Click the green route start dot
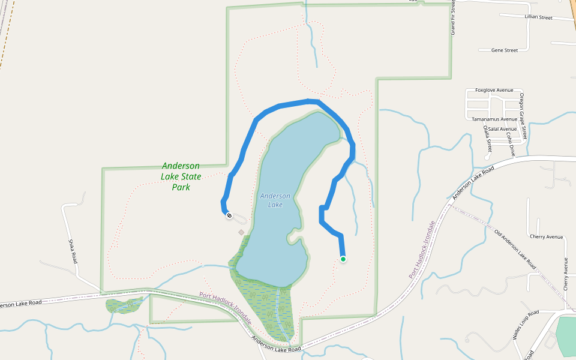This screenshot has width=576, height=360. (343, 259)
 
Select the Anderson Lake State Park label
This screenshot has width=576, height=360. (181, 176)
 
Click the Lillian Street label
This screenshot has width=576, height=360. (538, 17)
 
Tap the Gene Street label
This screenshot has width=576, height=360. (504, 50)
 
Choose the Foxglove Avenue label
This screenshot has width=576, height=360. (494, 90)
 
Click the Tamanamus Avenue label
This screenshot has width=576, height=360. (494, 119)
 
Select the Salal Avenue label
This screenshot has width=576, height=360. (502, 129)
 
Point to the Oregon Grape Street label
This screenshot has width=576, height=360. (523, 116)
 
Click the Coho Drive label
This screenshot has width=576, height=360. (509, 145)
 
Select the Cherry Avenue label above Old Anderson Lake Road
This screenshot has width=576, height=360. (546, 237)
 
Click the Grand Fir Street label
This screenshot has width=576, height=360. (453, 18)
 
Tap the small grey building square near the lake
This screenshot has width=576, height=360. (241, 232)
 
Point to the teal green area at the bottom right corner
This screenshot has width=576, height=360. (566, 336)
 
